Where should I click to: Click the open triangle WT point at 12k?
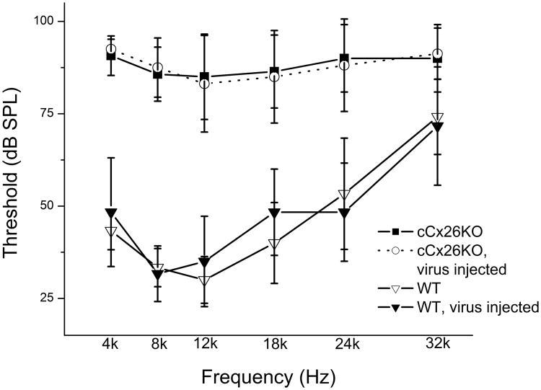[x=205, y=280]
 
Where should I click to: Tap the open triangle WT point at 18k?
[x=275, y=244]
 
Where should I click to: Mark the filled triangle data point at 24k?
[x=346, y=213]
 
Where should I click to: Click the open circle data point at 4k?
[x=110, y=49]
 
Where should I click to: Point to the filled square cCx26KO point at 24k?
[x=346, y=58]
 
